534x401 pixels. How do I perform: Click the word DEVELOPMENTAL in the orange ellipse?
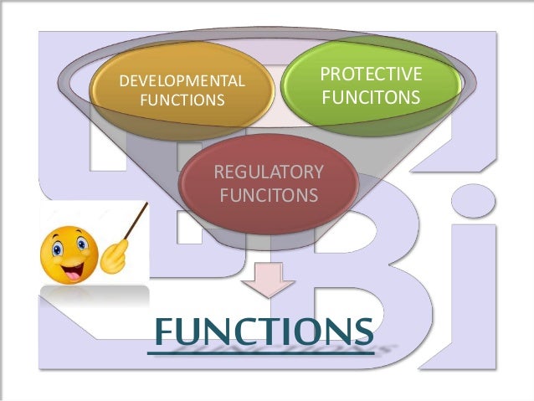click(182, 82)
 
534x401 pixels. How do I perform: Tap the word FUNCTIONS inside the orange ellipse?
click(182, 100)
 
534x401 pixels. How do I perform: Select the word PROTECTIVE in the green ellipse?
click(371, 77)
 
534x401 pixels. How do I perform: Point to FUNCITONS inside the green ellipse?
click(371, 98)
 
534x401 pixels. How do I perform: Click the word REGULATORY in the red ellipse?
click(268, 172)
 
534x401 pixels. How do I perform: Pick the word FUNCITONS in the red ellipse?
click(268, 195)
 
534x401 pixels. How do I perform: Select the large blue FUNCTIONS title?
click(262, 332)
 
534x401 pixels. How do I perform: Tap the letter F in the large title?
click(165, 332)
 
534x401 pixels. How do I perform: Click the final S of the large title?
click(362, 332)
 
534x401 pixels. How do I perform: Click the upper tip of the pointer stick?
click(146, 203)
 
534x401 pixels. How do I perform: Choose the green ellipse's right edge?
click(461, 85)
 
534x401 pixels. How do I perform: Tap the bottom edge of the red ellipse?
click(268, 233)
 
